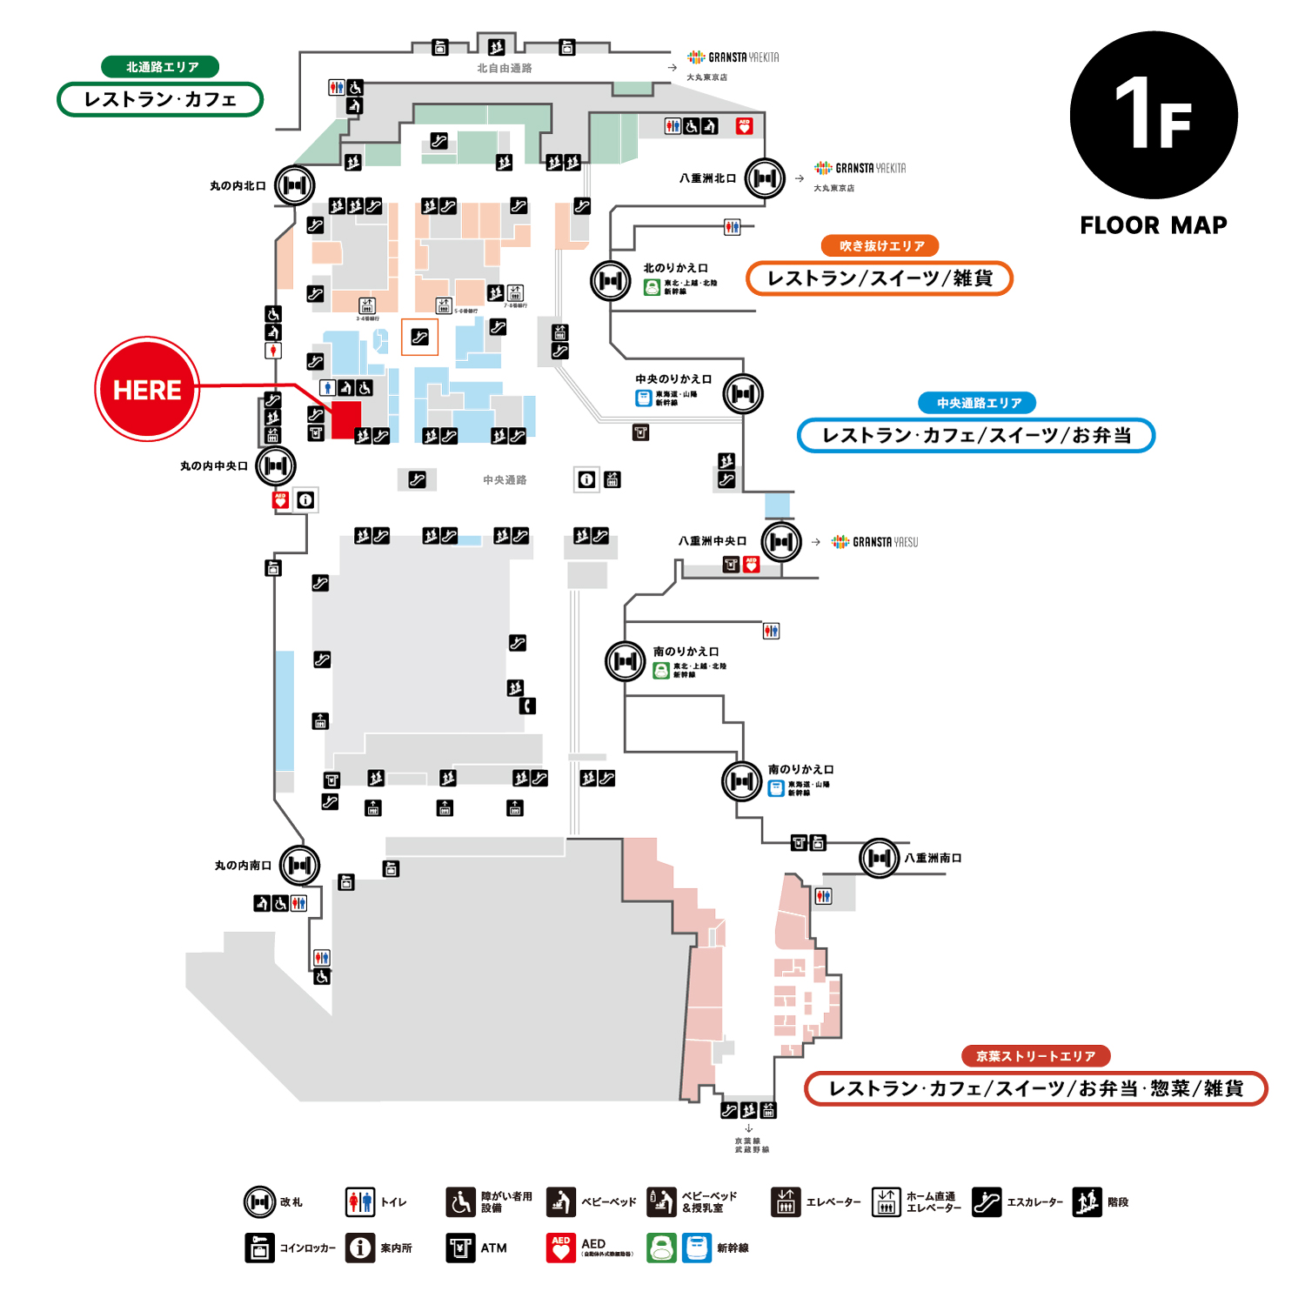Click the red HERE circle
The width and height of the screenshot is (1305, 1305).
coord(147,389)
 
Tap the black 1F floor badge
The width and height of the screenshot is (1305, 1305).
coord(1154,115)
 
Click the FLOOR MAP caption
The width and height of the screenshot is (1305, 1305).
coord(1154,225)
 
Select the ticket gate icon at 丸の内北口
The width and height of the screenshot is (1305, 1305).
coord(295,185)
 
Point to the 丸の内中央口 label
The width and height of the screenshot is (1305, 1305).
coord(214,466)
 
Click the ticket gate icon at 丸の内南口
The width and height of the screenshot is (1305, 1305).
coord(300,866)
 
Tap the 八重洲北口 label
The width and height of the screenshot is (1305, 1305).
coord(707,178)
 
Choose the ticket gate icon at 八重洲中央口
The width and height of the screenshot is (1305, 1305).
coord(781,542)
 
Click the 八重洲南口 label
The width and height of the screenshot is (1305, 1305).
coord(933,858)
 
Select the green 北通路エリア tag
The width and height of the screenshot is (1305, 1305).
coord(160,67)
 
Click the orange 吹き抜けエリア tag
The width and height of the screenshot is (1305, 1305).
coord(880,246)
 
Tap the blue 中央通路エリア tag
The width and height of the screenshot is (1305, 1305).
coord(978,403)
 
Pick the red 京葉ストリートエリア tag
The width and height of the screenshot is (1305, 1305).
coord(1035,1056)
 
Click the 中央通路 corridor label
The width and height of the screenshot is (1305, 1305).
coord(505,480)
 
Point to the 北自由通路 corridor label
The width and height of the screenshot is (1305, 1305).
coord(505,68)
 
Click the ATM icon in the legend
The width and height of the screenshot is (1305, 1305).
coord(460,1248)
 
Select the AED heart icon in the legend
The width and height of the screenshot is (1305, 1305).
coord(561,1248)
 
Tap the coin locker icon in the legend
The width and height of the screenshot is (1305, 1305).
coord(259,1248)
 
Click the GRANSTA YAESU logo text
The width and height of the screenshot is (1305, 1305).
coord(885,542)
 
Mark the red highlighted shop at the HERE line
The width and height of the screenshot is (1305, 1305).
coord(346,420)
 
